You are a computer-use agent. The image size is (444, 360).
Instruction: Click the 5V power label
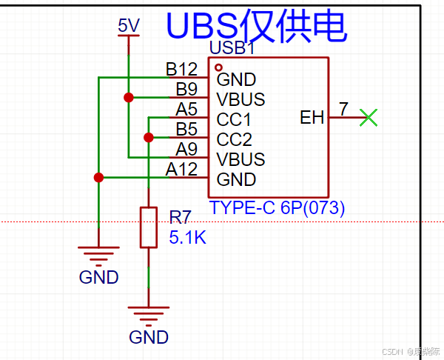129,26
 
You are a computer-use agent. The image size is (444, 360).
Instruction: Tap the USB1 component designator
232,49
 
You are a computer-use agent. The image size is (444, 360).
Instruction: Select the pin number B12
181,70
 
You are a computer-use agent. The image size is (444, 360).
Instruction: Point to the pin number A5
186,110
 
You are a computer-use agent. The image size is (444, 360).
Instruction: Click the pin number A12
181,170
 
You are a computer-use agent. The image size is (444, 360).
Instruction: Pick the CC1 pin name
234,119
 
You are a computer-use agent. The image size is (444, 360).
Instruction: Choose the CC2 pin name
235,139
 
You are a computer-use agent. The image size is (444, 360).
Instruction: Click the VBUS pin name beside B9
240,99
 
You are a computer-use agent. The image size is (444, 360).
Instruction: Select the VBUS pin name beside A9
240,159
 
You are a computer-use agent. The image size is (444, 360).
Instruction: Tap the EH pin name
312,117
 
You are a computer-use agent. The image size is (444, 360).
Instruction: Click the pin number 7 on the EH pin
343,109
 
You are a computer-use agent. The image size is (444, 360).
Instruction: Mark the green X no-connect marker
368,117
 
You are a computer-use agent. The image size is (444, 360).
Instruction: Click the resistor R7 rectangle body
149,227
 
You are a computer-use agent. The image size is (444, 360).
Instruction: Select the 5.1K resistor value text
188,238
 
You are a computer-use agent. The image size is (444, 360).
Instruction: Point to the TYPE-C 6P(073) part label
277,208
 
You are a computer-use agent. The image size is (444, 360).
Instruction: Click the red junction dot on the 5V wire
129,97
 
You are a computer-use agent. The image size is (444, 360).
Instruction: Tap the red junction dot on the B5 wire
149,137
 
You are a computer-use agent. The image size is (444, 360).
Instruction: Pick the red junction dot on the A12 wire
98,177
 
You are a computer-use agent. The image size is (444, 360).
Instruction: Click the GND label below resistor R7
149,338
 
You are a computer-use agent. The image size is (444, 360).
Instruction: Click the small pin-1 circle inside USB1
218,67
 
